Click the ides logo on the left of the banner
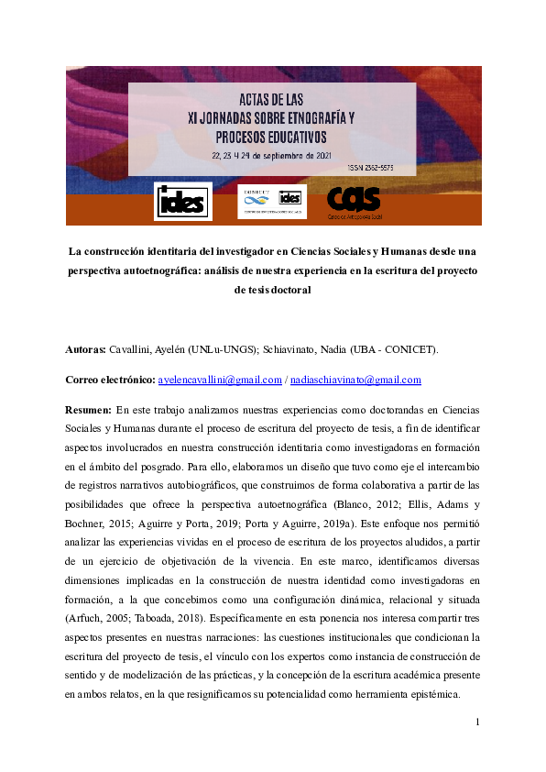point(183,201)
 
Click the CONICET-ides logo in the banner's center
point(270,200)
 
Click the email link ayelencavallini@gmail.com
point(220,380)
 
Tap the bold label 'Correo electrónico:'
point(110,380)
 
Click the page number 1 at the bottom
point(477,723)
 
